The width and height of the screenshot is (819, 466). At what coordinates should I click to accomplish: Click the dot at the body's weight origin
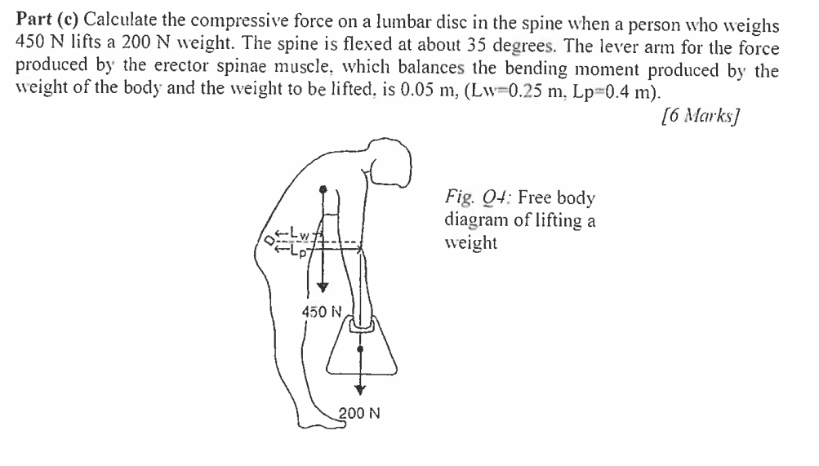click(323, 189)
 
